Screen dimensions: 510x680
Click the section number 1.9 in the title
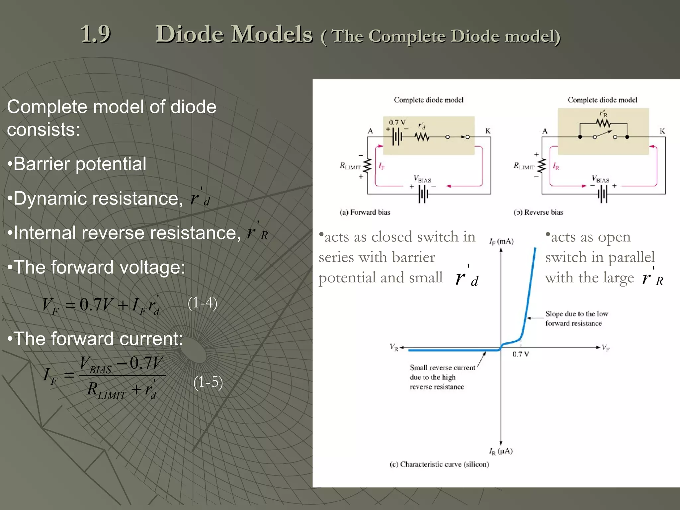[x=96, y=34]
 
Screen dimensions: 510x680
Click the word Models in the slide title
[x=272, y=34]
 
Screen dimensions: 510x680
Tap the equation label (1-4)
[x=202, y=303]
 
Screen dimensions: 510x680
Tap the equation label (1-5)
[x=208, y=382]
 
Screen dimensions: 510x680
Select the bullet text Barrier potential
[x=79, y=164]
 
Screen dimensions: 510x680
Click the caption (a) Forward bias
[x=365, y=212]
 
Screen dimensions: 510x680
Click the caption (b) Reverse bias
[x=538, y=212]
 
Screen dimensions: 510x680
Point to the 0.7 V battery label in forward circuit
[x=397, y=123]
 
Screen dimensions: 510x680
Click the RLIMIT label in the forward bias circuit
[x=350, y=166]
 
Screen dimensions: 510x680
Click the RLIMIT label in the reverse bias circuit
[x=524, y=166]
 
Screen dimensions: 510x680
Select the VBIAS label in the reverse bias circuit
[x=600, y=179]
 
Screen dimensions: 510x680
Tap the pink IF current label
[x=382, y=166]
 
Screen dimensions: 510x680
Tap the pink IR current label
[x=555, y=166]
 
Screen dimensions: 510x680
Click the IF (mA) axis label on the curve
[x=501, y=241]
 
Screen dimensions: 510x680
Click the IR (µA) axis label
[x=501, y=451]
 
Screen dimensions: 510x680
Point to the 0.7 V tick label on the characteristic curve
[x=520, y=354]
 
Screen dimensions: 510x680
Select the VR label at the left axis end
[x=394, y=348]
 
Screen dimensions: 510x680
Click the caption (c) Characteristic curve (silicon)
[x=439, y=464]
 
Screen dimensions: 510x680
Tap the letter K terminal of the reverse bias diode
[x=662, y=131]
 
